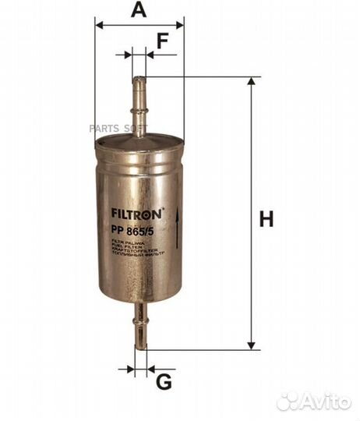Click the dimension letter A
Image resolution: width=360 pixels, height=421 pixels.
(x=139, y=10)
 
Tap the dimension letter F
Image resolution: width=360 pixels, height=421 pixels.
(x=162, y=41)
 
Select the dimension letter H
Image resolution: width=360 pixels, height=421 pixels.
(x=266, y=220)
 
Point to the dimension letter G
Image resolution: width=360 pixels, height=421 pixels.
(x=162, y=381)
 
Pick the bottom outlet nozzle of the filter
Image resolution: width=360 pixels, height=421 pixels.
(x=139, y=327)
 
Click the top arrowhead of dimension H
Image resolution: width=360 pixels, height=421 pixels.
(x=252, y=83)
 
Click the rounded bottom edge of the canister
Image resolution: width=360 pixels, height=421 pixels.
(x=139, y=301)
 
